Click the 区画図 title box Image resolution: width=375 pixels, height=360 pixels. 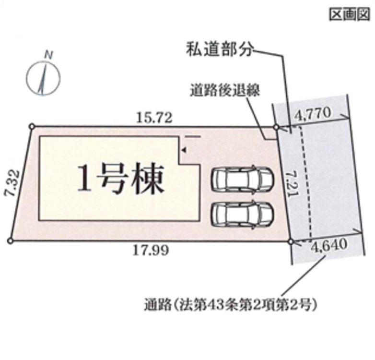point(350,14)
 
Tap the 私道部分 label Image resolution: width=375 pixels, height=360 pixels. point(220,50)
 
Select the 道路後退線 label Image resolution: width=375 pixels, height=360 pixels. point(225,91)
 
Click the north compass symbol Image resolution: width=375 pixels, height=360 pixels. point(43,78)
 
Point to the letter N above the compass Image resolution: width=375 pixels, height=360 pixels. point(49,55)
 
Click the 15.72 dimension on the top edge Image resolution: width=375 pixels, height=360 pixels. point(154,118)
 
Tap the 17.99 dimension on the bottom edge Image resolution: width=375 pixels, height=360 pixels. point(151,251)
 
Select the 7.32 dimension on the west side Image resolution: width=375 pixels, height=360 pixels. point(12,183)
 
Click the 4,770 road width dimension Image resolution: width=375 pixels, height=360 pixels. point(312,113)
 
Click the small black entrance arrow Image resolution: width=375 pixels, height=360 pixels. point(184,150)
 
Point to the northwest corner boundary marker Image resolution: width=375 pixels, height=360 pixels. point(32,126)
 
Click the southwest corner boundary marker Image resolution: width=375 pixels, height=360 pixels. point(10,241)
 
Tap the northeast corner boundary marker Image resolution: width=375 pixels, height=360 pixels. point(276,127)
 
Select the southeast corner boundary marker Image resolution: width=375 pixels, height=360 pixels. point(291,242)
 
